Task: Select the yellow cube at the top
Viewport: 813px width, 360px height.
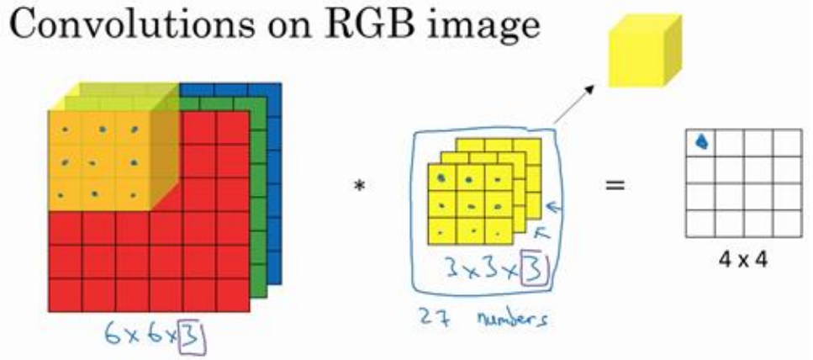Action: coord(640,56)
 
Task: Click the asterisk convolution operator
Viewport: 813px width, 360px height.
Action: coord(360,183)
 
